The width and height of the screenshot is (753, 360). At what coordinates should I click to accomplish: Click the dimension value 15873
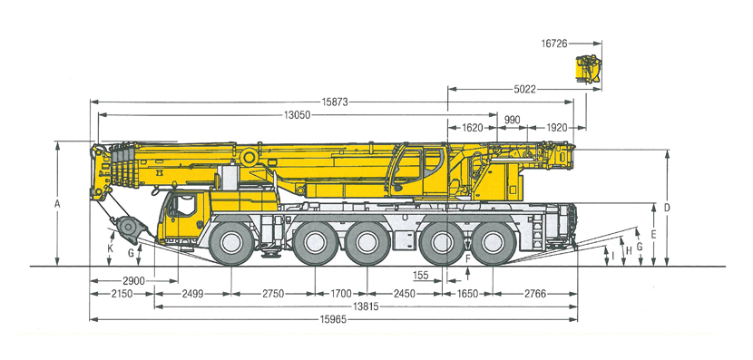click(x=335, y=102)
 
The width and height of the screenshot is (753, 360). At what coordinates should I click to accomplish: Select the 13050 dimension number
click(x=297, y=115)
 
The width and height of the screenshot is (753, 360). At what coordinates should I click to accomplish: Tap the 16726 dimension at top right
click(x=554, y=44)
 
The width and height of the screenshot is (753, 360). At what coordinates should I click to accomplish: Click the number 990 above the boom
click(x=513, y=120)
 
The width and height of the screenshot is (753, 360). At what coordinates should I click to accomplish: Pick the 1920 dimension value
click(x=557, y=128)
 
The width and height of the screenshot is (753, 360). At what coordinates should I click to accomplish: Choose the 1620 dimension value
click(x=473, y=128)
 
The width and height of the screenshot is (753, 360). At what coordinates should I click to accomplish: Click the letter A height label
click(x=57, y=203)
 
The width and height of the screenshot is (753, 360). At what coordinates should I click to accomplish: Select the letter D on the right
click(x=667, y=208)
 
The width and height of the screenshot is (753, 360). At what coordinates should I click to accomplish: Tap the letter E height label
click(x=653, y=235)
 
